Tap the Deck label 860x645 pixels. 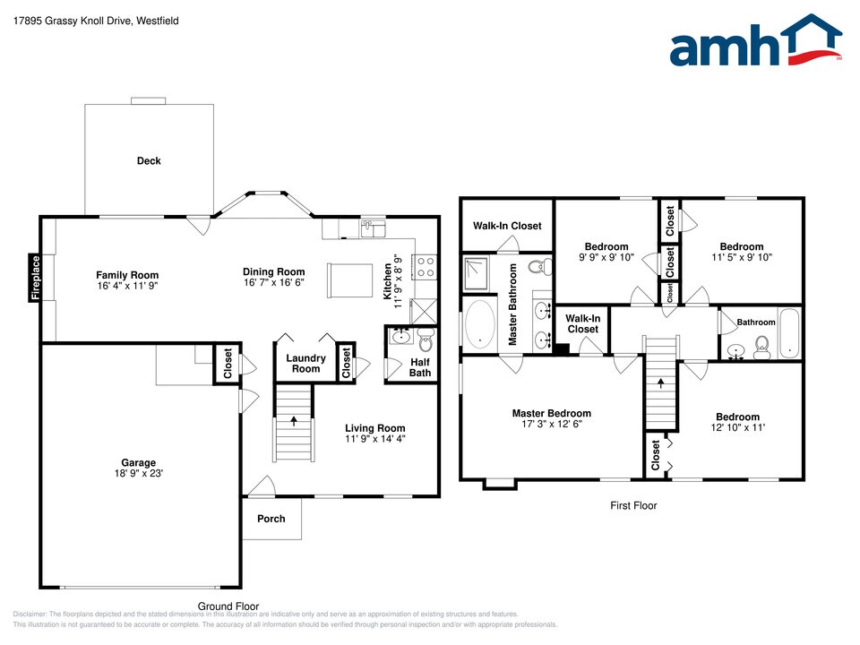[x=149, y=161]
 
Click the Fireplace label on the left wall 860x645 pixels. [x=36, y=277]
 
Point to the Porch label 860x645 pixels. [x=271, y=519]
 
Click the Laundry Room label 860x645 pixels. [x=305, y=363]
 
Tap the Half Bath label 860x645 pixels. [x=420, y=367]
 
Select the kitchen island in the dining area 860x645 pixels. [x=348, y=280]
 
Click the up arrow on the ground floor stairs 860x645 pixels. [x=293, y=421]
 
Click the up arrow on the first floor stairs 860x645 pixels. [x=661, y=383]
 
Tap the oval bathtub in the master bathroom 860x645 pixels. [x=480, y=323]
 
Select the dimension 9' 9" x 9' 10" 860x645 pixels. [x=606, y=257]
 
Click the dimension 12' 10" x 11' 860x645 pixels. [x=737, y=428]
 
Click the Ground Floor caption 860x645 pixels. [x=228, y=606]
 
